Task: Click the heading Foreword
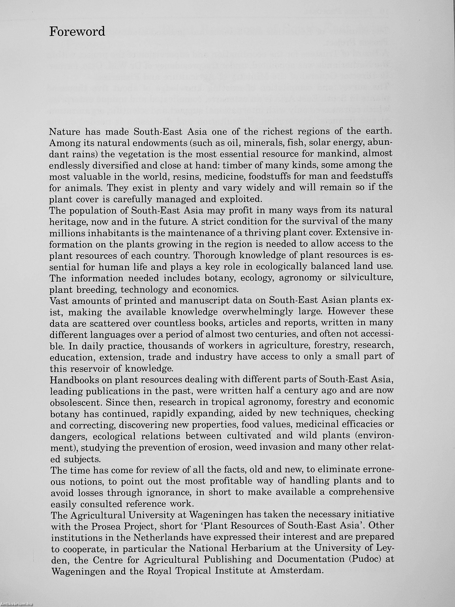77,32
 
